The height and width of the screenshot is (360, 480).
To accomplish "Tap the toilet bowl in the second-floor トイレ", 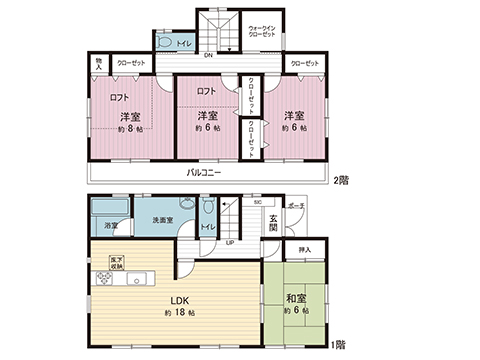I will (164, 45).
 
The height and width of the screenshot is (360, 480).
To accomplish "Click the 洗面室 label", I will (164, 220).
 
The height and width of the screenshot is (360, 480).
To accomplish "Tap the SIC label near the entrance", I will (257, 203).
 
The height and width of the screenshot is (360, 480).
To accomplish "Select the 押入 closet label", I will (305, 249).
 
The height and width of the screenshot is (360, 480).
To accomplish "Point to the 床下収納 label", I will (117, 262).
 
